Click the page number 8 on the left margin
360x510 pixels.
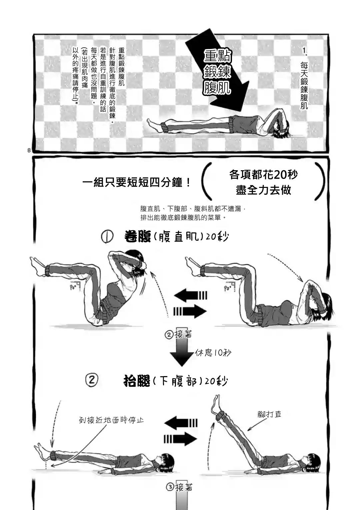29,150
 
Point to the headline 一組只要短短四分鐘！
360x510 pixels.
137,183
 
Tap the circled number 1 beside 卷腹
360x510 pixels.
108,237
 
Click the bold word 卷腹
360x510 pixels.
137,237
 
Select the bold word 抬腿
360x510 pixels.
137,381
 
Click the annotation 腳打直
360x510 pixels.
269,414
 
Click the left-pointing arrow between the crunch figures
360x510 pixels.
191,295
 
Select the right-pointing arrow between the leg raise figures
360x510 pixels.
180,439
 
